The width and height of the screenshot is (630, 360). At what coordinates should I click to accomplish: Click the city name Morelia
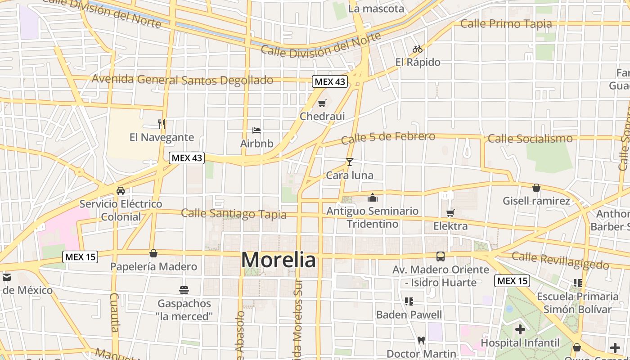click(x=279, y=260)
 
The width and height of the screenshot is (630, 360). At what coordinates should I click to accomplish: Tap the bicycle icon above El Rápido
click(x=418, y=49)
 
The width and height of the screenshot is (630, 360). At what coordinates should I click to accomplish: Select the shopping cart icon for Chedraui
click(x=322, y=103)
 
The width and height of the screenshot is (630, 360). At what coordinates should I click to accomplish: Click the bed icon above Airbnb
click(x=256, y=130)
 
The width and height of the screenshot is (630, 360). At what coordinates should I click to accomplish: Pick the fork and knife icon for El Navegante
click(x=162, y=124)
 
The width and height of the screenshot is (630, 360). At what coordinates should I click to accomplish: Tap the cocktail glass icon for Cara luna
click(x=350, y=162)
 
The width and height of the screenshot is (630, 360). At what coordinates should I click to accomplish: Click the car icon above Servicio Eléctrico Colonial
click(x=121, y=190)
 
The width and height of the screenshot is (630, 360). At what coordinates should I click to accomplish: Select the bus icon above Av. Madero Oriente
click(x=441, y=256)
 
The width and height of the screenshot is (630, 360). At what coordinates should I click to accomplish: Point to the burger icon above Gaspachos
click(x=184, y=290)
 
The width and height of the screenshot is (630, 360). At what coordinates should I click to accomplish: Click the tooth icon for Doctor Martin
click(x=421, y=341)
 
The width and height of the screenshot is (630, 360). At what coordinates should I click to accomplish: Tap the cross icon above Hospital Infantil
click(x=520, y=329)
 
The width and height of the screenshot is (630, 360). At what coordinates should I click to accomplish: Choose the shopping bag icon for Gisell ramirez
click(x=536, y=188)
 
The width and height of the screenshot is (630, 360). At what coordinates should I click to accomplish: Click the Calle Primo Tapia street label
click(x=506, y=24)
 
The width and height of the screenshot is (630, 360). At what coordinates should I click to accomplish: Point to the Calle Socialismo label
click(x=530, y=139)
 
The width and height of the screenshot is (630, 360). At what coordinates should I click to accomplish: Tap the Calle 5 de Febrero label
click(x=388, y=138)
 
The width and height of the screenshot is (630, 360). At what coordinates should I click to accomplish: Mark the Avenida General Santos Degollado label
click(x=182, y=80)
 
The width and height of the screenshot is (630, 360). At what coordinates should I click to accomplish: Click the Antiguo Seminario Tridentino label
click(x=372, y=217)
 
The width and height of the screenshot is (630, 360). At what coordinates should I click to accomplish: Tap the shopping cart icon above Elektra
click(x=450, y=213)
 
